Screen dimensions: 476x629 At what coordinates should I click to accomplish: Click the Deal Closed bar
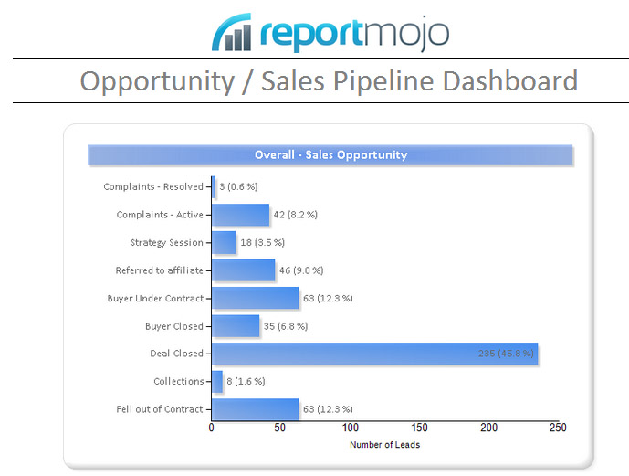374,354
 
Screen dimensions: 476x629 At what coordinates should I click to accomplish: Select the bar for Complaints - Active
241,215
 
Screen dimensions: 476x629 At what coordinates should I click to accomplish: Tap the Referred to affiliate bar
243,270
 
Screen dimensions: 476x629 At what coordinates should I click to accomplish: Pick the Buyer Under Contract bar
255,298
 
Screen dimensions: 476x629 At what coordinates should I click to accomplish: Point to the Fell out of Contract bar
255,408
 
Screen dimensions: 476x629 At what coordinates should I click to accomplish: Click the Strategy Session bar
224,242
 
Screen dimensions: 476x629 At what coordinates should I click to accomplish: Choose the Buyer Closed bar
236,326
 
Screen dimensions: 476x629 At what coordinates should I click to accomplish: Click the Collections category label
179,381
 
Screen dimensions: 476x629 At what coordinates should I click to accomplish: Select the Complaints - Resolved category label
153,187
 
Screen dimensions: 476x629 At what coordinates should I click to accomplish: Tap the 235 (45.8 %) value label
506,354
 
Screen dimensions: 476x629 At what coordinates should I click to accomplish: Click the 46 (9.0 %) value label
301,270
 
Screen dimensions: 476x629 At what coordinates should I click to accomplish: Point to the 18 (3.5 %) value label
263,243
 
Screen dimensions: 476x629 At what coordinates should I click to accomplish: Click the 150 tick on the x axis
419,428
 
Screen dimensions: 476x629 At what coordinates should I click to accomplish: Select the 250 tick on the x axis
558,428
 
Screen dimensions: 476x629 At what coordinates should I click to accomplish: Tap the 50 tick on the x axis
280,428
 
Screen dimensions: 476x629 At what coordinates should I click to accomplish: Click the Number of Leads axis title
384,445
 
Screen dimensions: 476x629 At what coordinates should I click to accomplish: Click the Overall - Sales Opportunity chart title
330,155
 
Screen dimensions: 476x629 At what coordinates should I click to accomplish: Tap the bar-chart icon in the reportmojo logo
231,33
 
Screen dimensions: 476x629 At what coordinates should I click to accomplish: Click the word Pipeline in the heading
377,80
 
